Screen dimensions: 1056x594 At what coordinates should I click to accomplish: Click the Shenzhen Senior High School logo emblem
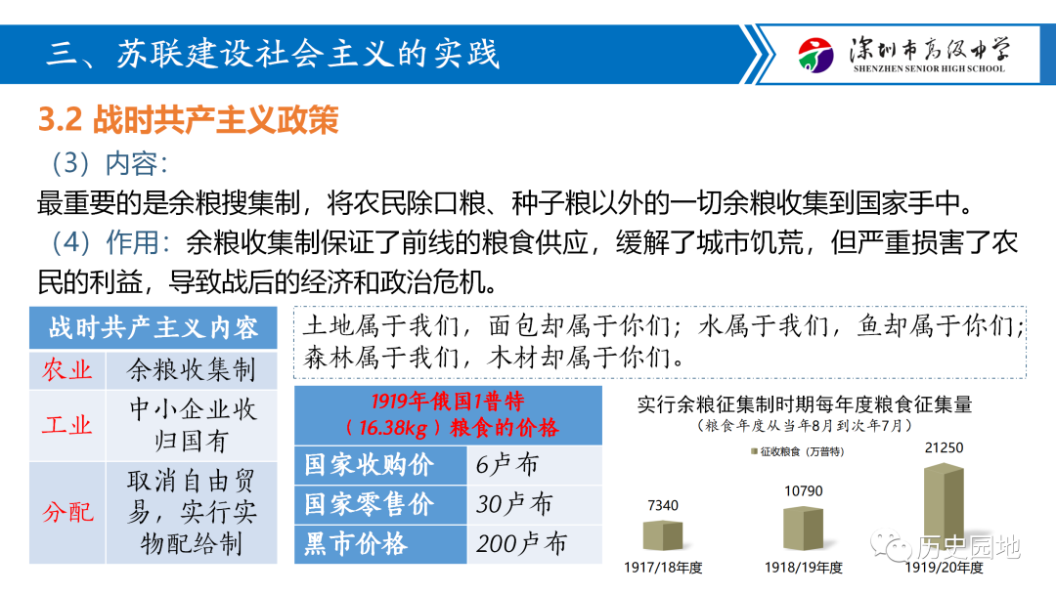(815, 55)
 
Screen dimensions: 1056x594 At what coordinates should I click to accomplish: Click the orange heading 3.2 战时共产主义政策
(188, 120)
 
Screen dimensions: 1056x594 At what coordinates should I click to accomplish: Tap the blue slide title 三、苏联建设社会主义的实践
(274, 54)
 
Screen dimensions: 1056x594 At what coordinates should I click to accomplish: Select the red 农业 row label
(67, 369)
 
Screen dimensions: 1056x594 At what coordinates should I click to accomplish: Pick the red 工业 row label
(67, 425)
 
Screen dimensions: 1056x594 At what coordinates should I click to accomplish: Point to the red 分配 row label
(67, 512)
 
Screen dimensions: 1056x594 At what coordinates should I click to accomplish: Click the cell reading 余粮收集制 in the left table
(192, 369)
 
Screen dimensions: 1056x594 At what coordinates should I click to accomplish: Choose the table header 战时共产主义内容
(154, 327)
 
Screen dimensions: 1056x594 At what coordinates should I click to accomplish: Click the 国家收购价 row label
(369, 465)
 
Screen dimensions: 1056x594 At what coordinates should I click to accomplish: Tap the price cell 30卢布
(514, 504)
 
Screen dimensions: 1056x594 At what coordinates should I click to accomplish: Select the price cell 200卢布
(521, 543)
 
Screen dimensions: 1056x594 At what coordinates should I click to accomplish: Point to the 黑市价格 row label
(356, 543)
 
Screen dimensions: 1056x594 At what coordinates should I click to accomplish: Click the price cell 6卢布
(506, 465)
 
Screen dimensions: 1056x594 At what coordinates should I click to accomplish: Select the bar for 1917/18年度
(663, 535)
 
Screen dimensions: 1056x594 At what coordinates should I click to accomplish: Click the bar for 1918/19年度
(803, 529)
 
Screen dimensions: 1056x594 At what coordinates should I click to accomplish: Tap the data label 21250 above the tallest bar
(944, 448)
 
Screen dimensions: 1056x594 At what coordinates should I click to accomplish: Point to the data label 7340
(663, 505)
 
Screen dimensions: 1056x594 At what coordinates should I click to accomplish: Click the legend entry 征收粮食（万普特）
(798, 452)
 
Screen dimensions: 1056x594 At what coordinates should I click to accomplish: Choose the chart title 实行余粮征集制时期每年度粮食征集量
(805, 404)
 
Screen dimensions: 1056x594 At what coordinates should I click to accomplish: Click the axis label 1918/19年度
(803, 568)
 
